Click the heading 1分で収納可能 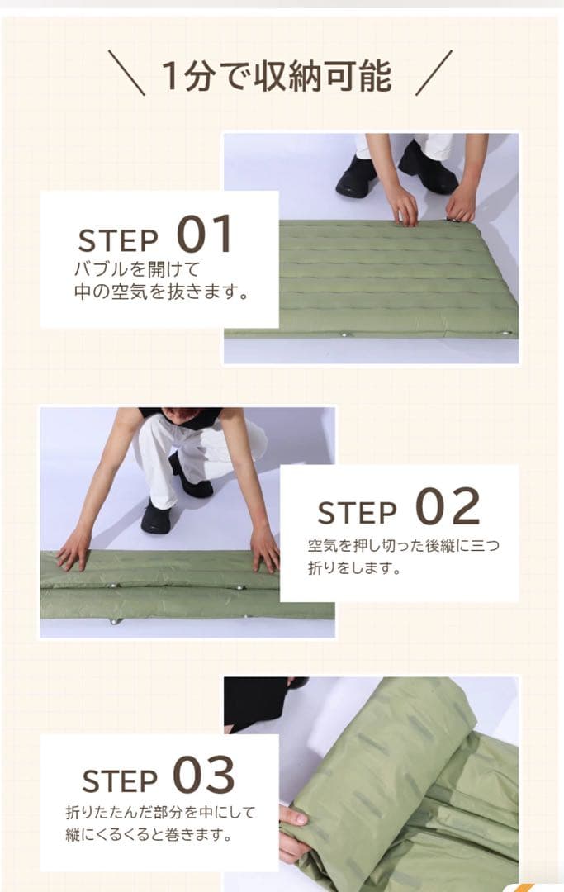coord(277,75)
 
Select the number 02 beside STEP coord(448,506)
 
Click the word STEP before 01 coord(118,240)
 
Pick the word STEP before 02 coord(357,513)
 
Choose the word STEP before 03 coord(120,780)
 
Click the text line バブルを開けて coord(137,268)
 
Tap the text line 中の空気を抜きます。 coord(162,292)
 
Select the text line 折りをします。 coord(354,567)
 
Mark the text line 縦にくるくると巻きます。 coord(149,834)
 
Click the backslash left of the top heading coord(126,72)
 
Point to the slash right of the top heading coord(434,72)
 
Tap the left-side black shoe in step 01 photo coord(357,176)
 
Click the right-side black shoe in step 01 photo coord(428,167)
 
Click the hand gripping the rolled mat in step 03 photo coord(294,832)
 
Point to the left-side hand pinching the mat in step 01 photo coord(405,206)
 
